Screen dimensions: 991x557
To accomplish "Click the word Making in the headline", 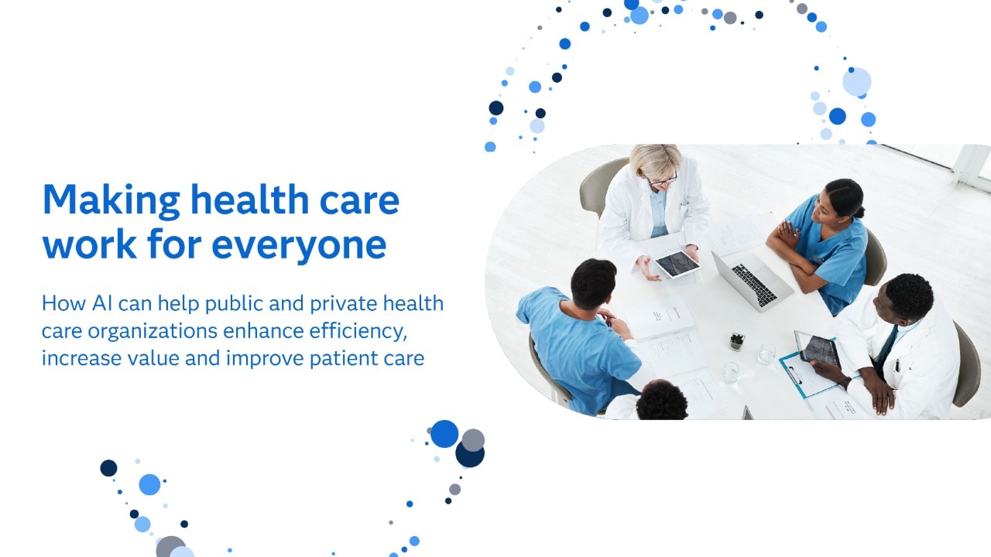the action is pos(111,201).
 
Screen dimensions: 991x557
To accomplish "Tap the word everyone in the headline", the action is pos(299,246).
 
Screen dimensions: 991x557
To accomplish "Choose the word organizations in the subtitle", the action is pos(153,332).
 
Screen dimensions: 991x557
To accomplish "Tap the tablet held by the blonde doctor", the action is pos(677,264).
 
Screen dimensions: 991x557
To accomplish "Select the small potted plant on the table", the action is pos(736,342).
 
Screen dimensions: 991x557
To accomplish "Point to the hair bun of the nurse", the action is pos(859,211).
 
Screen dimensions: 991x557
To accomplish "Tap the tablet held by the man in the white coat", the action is pos(818,349).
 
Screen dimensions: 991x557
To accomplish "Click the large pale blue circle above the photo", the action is pos(856,82).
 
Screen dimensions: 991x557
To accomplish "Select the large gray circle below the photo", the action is pos(473,440).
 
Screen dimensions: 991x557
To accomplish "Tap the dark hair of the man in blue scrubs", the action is pos(593,282).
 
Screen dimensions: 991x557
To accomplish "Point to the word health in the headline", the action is pos(249,200).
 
